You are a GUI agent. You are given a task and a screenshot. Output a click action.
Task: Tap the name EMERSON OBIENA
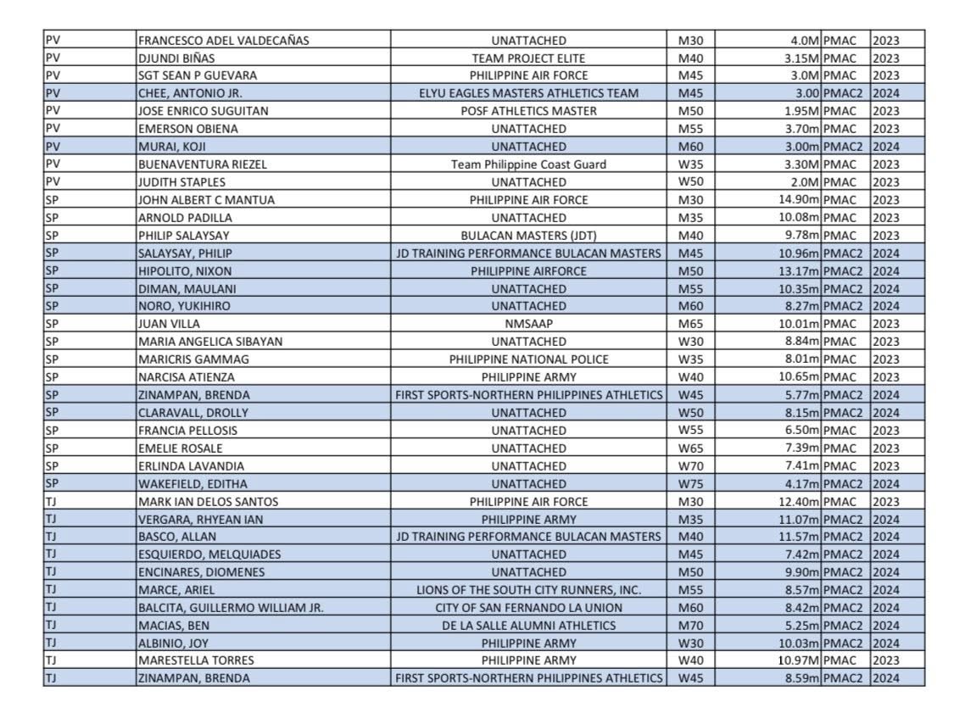[x=188, y=129]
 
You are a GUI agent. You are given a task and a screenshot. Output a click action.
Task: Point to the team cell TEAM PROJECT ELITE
[x=528, y=58]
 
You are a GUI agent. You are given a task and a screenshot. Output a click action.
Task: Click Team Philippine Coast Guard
[x=528, y=164]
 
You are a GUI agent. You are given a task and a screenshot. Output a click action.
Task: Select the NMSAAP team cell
[x=528, y=324]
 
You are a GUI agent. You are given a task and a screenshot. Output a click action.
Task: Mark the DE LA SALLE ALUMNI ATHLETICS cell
[x=528, y=626]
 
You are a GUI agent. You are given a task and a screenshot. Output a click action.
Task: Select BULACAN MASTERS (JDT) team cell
[x=528, y=236]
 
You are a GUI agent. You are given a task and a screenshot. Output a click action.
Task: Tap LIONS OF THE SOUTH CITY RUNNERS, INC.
[x=528, y=590]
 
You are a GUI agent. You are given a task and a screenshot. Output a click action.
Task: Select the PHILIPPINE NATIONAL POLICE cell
[x=528, y=359]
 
